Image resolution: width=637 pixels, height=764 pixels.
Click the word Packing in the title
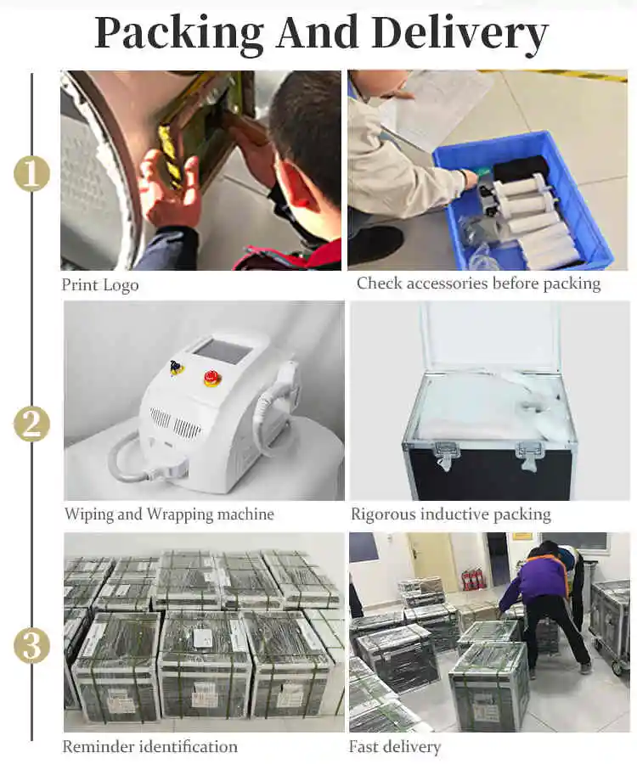pos(179,34)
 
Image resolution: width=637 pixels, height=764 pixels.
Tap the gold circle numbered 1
pos(31,173)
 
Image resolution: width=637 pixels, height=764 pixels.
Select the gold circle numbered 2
pos(31,424)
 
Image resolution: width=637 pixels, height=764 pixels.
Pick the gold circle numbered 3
pos(31,645)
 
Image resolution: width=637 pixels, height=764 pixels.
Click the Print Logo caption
pos(100,285)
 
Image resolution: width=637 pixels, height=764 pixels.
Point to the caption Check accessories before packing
pos(479,284)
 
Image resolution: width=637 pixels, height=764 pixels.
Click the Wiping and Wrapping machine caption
pos(169,514)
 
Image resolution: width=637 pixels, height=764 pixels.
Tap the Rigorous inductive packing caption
pos(451,514)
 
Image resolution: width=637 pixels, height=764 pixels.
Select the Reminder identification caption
pos(150,746)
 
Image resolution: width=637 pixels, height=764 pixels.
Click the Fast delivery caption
pos(395,747)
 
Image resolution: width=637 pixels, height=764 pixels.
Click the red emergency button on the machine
pos(211,378)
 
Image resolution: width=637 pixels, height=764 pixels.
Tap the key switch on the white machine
pos(177,367)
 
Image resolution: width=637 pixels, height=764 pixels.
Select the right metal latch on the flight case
pos(530,457)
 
